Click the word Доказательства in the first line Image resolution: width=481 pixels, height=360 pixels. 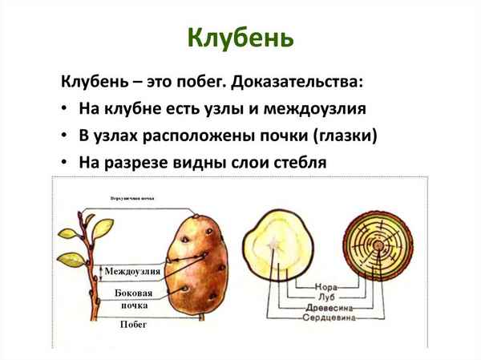point(305,82)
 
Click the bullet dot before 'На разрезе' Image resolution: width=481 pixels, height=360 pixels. point(64,162)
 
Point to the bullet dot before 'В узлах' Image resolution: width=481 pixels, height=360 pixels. point(64,136)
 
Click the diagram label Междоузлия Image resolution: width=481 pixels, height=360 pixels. point(132,271)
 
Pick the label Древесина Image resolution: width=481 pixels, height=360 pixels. point(319,306)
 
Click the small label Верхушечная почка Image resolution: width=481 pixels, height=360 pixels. point(133,197)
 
